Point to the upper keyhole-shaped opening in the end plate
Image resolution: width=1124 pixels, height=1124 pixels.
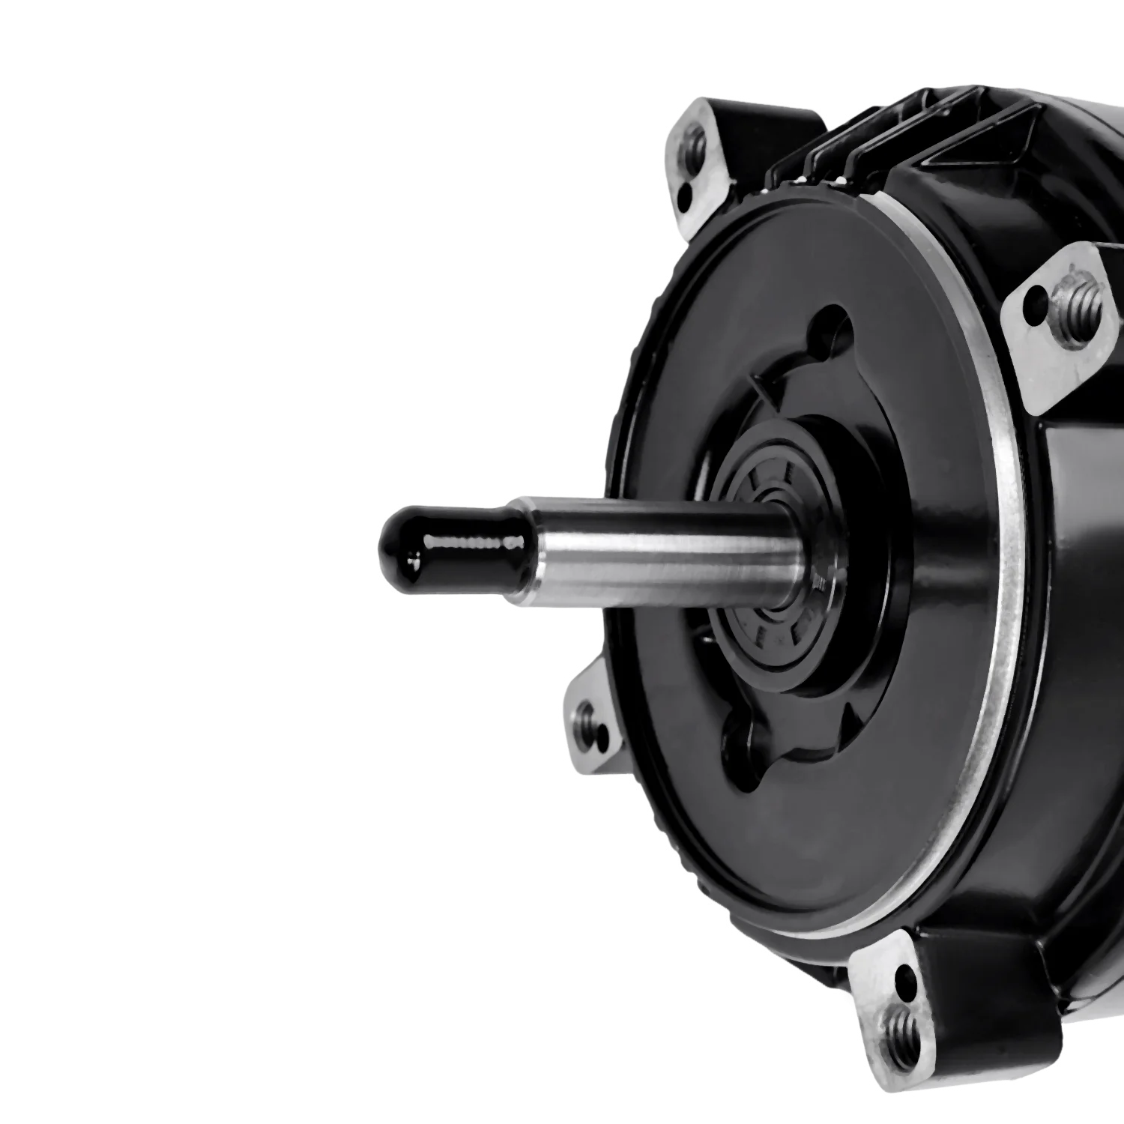832,330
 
